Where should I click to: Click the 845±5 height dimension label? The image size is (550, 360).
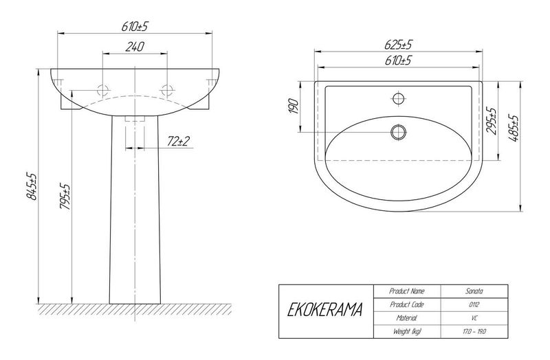point(32,185)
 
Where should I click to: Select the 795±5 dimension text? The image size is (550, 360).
point(65,196)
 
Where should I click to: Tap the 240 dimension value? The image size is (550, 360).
point(135,47)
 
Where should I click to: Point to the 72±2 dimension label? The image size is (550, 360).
point(178,142)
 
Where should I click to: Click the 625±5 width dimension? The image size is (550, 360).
point(399,45)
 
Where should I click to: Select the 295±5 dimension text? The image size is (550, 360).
point(492,121)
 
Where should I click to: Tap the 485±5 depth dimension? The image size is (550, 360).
point(513,128)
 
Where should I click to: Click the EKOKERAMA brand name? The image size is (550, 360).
point(324,310)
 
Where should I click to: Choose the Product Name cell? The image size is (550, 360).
point(407,291)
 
